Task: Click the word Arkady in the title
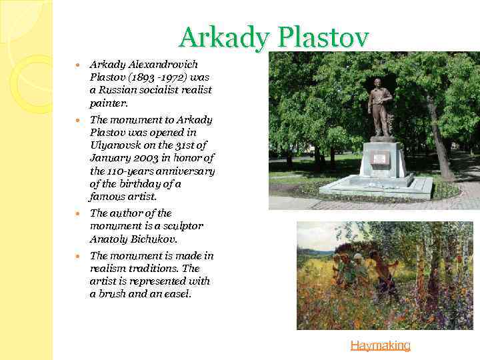tap(222, 38)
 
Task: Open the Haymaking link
tap(380, 345)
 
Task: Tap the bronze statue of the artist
tap(381, 107)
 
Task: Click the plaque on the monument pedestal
tap(381, 158)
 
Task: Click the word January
tap(109, 158)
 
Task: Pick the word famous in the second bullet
tap(108, 197)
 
